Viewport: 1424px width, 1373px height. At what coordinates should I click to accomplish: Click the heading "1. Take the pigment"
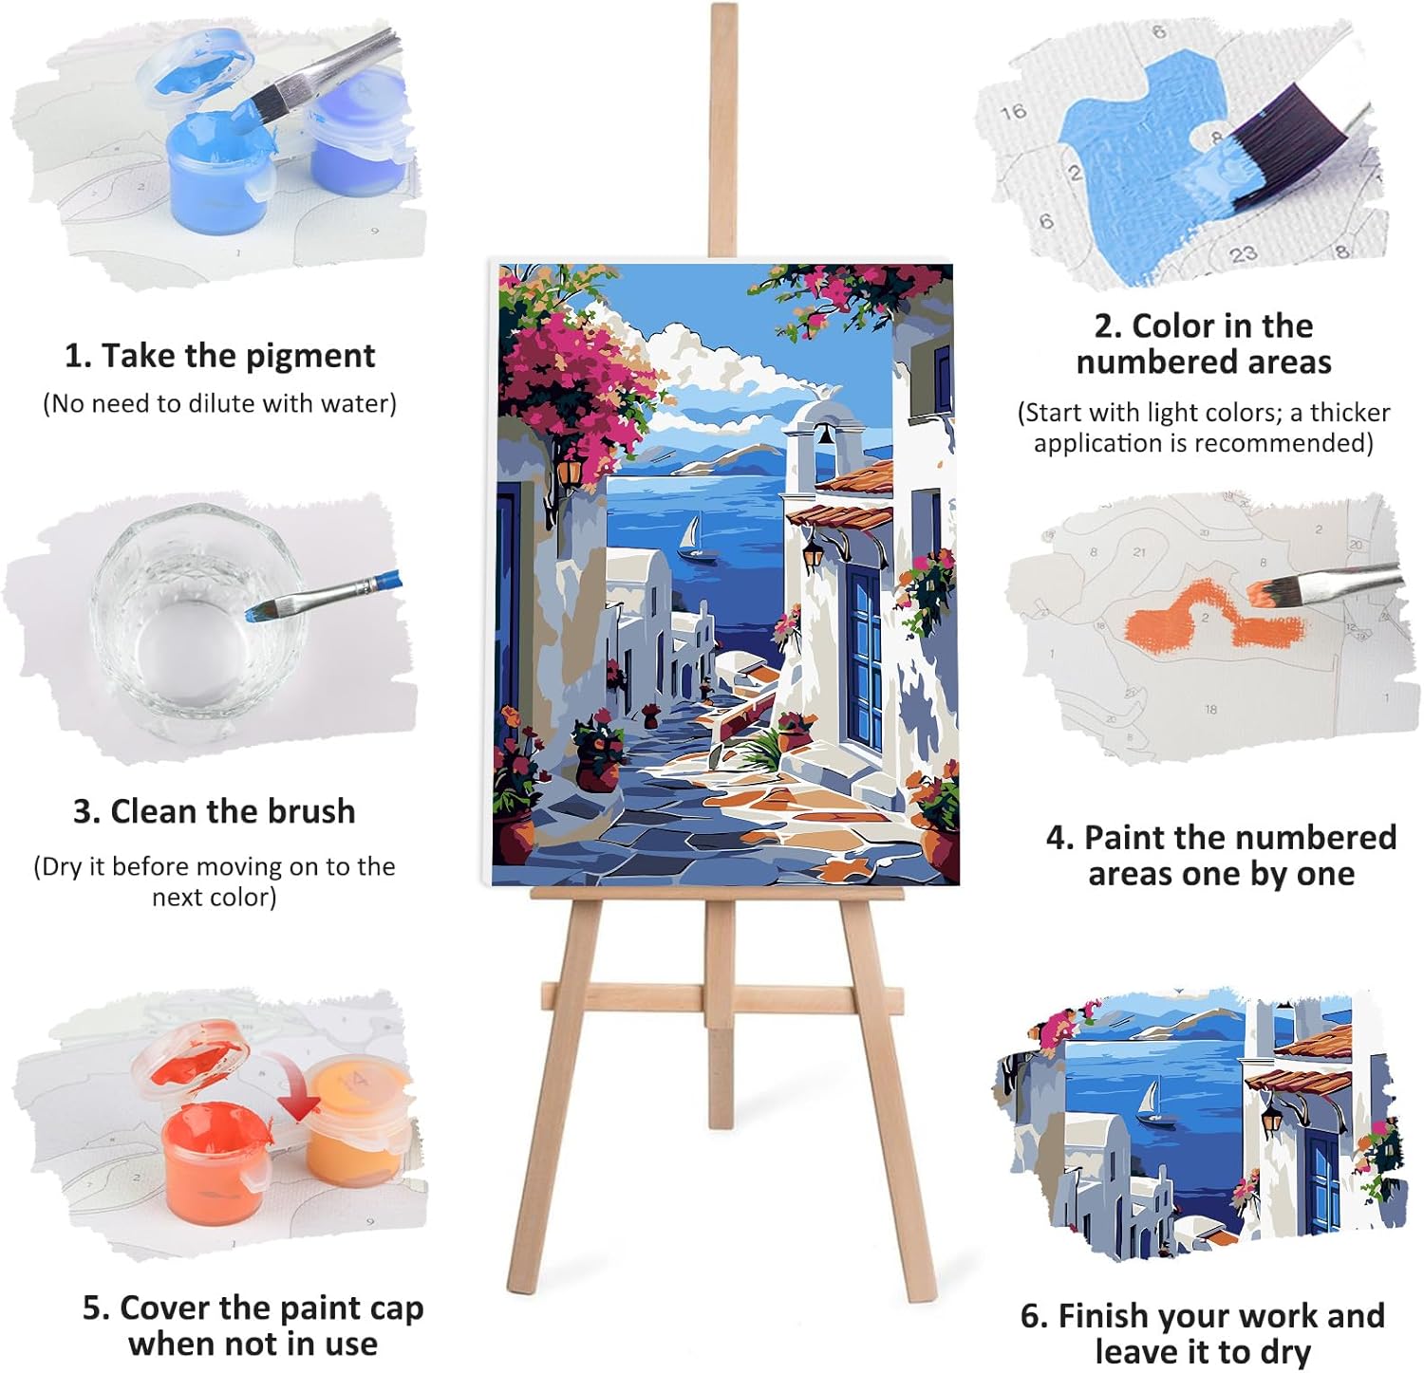pos(219,356)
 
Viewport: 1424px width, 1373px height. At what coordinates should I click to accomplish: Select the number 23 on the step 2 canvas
pos(1243,253)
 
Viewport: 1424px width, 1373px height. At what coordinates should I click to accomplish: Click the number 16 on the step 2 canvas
pos(1013,112)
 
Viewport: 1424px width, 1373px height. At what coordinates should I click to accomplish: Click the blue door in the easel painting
pos(866,657)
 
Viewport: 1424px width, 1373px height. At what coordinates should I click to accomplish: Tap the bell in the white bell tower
pos(824,436)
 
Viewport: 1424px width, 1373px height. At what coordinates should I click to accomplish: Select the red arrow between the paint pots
pos(293,1082)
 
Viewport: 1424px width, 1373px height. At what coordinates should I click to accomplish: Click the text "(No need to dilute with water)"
pos(219,403)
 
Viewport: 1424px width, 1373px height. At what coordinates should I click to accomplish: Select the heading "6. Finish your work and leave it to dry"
pos(1203,1333)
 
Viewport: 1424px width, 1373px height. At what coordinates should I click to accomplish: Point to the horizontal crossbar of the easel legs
pos(721,997)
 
